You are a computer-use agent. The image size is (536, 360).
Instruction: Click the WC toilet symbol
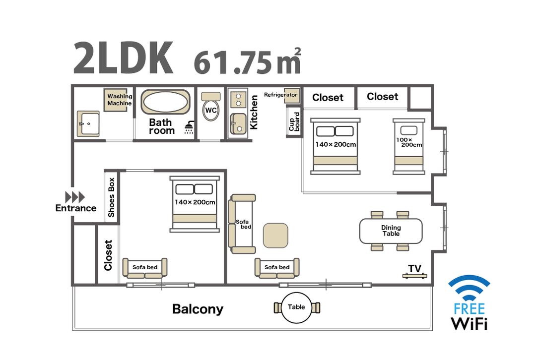210,106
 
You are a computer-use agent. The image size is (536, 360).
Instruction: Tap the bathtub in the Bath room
165,102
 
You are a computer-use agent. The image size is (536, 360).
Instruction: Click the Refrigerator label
280,95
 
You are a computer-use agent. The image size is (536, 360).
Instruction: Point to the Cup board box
294,121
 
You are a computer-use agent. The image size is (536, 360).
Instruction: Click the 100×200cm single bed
408,146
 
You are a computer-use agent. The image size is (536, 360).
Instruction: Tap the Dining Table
391,231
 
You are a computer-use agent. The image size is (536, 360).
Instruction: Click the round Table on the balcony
296,307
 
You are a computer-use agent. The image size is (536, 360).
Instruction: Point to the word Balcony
198,309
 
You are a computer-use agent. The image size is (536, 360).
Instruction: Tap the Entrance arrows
75,197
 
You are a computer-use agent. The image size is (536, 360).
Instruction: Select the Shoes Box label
112,197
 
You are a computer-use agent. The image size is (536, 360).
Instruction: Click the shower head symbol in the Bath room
189,127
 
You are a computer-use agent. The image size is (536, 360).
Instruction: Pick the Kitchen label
254,112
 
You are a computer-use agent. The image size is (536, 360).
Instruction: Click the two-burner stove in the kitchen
238,100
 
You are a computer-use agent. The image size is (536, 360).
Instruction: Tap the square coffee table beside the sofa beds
275,236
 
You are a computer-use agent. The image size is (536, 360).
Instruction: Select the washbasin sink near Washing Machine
88,123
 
